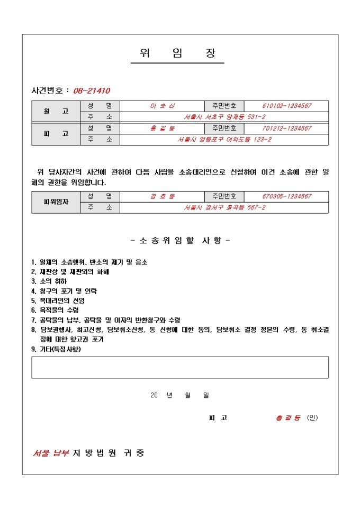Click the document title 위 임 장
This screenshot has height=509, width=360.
click(177, 53)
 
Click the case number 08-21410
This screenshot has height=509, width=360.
click(92, 90)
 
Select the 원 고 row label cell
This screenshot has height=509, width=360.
click(56, 111)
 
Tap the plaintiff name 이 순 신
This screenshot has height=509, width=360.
click(162, 106)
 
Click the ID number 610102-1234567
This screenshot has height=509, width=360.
click(286, 106)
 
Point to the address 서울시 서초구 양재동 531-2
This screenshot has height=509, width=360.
click(224, 117)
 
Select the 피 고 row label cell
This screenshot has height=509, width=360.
click(56, 134)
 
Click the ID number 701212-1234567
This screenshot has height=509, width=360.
click(286, 129)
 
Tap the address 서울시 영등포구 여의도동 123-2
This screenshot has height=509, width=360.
click(224, 140)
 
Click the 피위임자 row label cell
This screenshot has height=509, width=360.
click(56, 202)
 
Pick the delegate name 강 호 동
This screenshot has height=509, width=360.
click(162, 197)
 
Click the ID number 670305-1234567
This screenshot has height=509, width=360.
click(286, 197)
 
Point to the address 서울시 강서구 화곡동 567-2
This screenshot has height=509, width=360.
click(224, 208)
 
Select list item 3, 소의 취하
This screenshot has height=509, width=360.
click(51, 281)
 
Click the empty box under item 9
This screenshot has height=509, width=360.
click(180, 367)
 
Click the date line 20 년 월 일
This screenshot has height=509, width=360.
click(180, 395)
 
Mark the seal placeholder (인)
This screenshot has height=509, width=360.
click(312, 417)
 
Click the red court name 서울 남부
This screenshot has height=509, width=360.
click(51, 453)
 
